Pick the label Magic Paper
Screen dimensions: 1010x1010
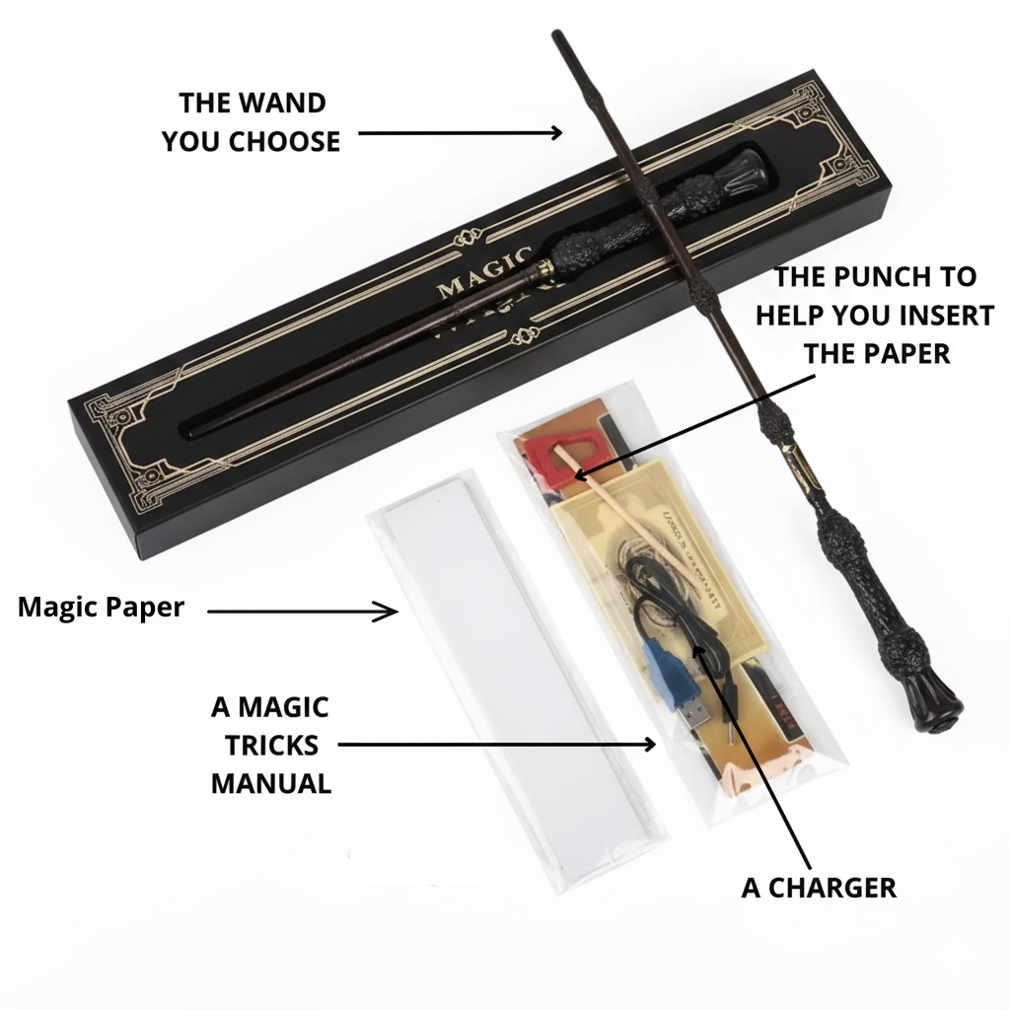click(x=101, y=607)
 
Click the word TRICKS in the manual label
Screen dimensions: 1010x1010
click(x=269, y=745)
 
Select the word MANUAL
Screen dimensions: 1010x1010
click(x=270, y=783)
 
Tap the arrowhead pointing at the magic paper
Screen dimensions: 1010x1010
click(x=391, y=612)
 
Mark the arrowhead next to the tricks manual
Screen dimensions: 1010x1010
click(x=648, y=745)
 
